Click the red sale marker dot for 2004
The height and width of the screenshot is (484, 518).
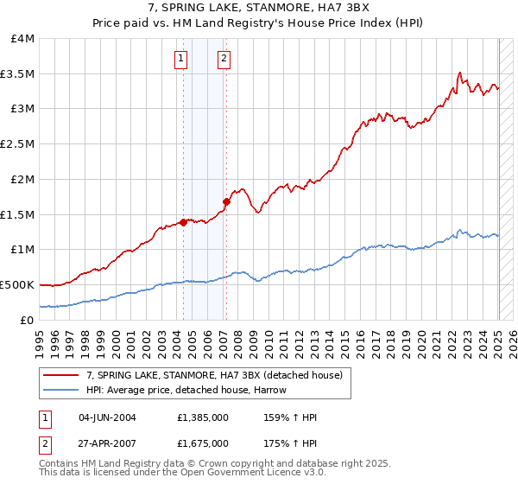tap(184, 222)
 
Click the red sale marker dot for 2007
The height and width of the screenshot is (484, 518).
tap(226, 202)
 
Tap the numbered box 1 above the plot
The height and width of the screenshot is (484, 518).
tap(181, 59)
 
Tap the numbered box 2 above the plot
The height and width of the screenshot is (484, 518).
tap(224, 59)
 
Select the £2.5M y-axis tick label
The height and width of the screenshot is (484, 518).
tap(17, 144)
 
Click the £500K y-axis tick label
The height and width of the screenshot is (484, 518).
tap(17, 284)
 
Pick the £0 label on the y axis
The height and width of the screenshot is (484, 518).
tap(28, 320)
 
